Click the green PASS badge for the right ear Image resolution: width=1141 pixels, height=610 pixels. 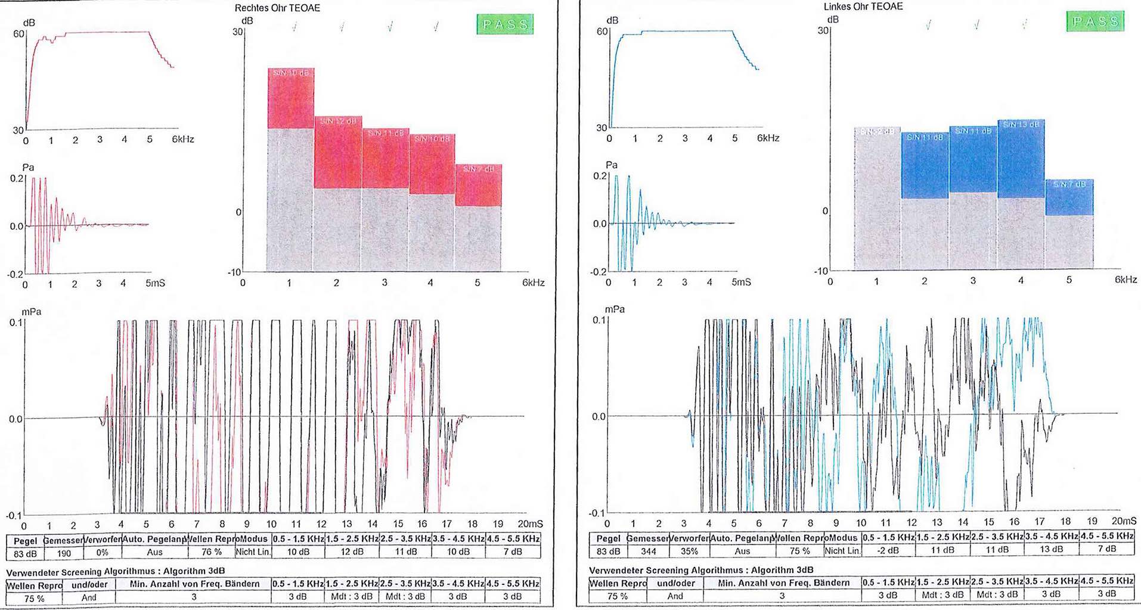504,24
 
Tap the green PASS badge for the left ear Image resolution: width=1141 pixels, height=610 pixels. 1095,21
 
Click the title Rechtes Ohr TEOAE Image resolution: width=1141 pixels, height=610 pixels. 277,8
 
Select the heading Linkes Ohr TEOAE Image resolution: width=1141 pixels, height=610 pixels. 863,7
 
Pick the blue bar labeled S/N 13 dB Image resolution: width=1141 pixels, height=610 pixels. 1021,159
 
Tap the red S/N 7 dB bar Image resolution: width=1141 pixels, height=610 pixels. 478,185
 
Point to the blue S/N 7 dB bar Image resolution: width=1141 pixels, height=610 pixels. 1069,197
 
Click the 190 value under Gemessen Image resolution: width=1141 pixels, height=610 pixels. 63,553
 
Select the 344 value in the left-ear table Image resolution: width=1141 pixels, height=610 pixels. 648,551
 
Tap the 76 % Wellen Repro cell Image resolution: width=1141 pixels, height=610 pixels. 211,552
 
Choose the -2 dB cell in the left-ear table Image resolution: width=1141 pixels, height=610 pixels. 888,550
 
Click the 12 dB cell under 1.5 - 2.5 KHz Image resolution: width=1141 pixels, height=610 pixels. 352,552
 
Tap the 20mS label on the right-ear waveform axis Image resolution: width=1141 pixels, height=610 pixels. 530,524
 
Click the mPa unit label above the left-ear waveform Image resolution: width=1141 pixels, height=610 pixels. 615,309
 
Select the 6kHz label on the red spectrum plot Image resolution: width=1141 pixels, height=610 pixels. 183,139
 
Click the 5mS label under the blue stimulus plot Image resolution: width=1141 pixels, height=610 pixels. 741,281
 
